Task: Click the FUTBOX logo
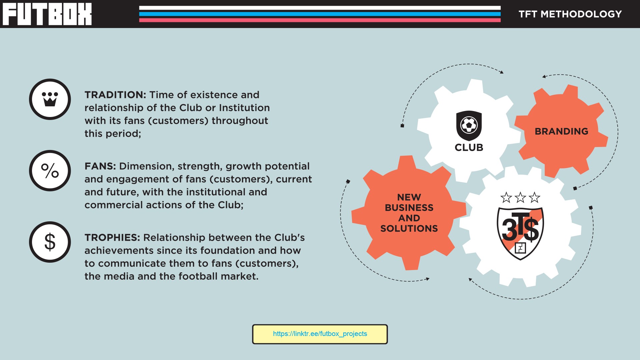(47, 14)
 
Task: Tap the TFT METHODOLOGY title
(570, 14)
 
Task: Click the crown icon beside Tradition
(50, 99)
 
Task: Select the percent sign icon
(50, 171)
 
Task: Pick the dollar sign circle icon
(50, 242)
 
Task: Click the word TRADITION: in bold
(115, 95)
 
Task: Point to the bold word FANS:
(100, 166)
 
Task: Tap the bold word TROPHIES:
(112, 237)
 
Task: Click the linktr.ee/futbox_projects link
(320, 334)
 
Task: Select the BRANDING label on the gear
(561, 131)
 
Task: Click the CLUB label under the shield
(469, 147)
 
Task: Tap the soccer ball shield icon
(469, 126)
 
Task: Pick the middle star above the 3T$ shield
(520, 197)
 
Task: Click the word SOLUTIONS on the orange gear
(409, 228)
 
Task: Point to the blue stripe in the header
(320, 14)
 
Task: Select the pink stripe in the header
(320, 20)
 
